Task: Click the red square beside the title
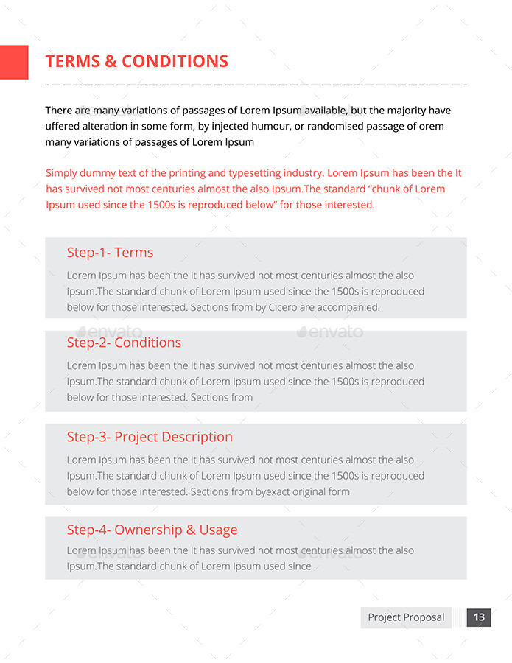[14, 63]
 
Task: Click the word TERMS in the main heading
[73, 62]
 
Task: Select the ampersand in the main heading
[111, 62]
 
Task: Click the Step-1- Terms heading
[110, 253]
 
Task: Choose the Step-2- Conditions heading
[124, 343]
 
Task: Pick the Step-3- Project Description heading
[150, 437]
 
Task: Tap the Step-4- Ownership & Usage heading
[152, 530]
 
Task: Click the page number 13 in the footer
[479, 617]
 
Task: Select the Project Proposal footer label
[406, 617]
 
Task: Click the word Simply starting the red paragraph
[62, 173]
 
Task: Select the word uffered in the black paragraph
[65, 126]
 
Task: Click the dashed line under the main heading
[256, 85]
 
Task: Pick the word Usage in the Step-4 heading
[219, 530]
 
